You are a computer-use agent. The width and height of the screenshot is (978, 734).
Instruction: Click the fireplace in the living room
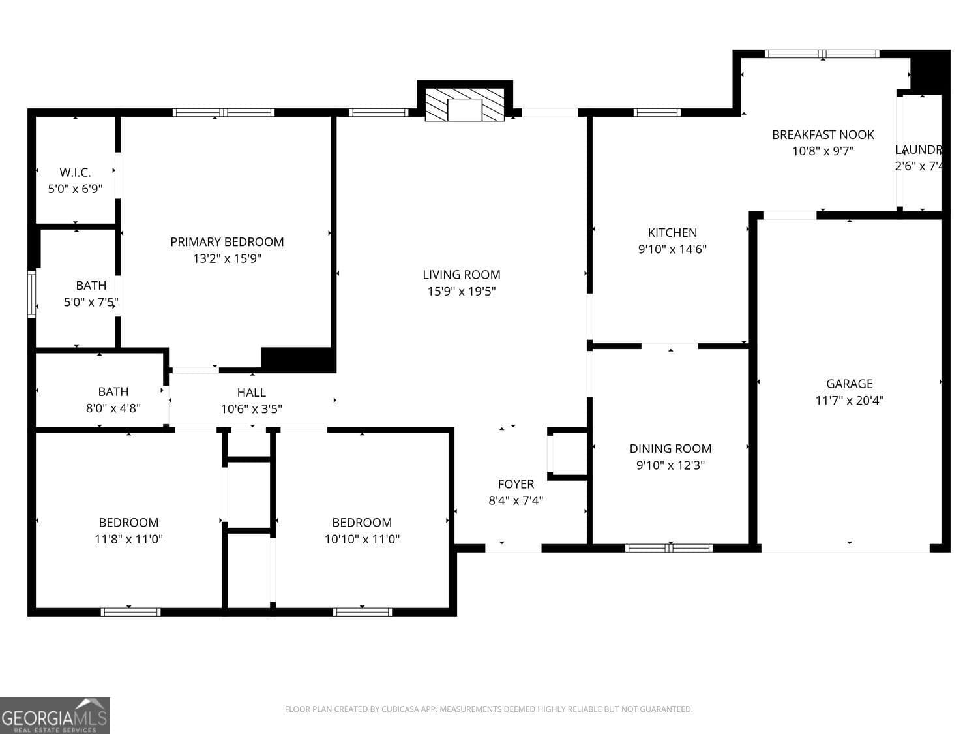coord(464,104)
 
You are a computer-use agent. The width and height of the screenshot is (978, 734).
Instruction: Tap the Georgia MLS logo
coord(55,716)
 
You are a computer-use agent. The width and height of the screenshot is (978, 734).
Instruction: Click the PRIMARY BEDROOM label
coord(227,242)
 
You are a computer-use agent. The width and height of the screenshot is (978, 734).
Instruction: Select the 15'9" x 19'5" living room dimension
coord(462,292)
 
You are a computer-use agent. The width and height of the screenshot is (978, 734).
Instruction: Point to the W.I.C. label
coord(75,173)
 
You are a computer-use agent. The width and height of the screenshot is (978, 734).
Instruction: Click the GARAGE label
coord(849,384)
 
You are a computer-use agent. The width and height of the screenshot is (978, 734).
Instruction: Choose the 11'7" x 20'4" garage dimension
coord(849,401)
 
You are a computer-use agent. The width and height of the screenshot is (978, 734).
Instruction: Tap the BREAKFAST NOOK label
coord(823,135)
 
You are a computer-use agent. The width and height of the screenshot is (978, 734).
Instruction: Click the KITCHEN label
coord(672,233)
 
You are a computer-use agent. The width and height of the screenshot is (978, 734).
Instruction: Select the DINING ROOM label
coord(670,449)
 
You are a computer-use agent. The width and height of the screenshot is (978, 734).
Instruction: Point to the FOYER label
coord(516,484)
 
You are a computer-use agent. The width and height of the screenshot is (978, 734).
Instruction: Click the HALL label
coord(251,392)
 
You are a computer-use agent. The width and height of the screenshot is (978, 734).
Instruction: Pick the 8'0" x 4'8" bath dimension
coord(113,408)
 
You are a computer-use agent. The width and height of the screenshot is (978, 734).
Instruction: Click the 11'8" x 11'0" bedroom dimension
coord(128,539)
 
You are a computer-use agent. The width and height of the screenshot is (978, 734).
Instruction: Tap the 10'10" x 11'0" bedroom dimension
coord(362,539)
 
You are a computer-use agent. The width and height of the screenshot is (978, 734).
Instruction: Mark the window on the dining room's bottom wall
coord(669,548)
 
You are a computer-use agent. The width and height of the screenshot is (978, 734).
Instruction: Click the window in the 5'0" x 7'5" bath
coord(31,294)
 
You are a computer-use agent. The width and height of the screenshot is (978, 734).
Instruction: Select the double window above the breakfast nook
coord(822,54)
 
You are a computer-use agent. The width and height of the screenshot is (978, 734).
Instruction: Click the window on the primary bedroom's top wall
coord(224,112)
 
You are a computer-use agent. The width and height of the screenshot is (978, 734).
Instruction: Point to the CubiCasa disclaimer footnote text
coord(488,709)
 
